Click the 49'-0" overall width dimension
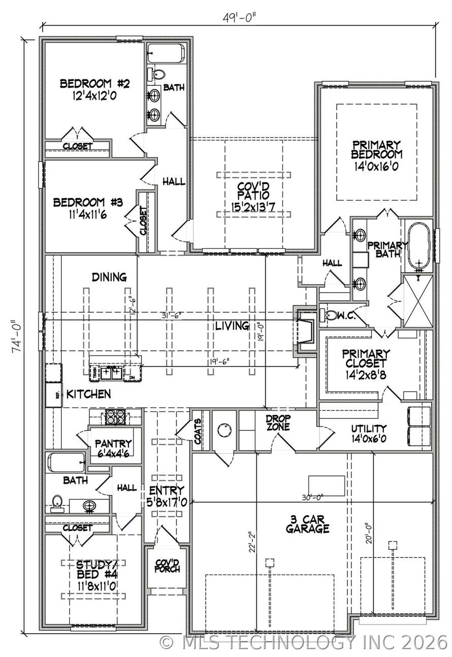click(x=239, y=18)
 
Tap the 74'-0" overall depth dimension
click(x=17, y=336)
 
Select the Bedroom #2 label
click(x=94, y=84)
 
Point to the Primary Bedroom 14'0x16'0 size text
click(x=377, y=167)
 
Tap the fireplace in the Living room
click(x=305, y=331)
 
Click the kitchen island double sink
click(x=111, y=373)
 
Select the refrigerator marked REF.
click(x=54, y=395)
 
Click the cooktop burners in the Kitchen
click(x=115, y=417)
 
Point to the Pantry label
click(x=113, y=443)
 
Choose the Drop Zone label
click(x=278, y=422)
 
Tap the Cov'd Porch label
click(x=167, y=566)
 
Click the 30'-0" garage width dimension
click(x=313, y=497)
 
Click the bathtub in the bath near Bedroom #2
click(x=166, y=53)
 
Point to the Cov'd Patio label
click(x=253, y=191)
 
